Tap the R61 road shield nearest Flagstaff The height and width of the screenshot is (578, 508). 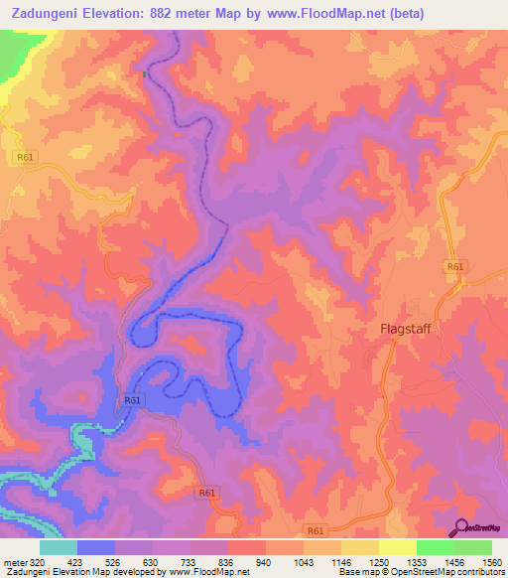click(454, 267)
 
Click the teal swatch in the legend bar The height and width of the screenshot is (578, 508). click(58, 547)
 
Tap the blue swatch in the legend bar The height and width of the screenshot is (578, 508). click(96, 547)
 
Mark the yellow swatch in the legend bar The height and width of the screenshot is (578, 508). click(397, 547)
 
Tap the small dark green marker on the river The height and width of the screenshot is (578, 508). click(145, 72)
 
